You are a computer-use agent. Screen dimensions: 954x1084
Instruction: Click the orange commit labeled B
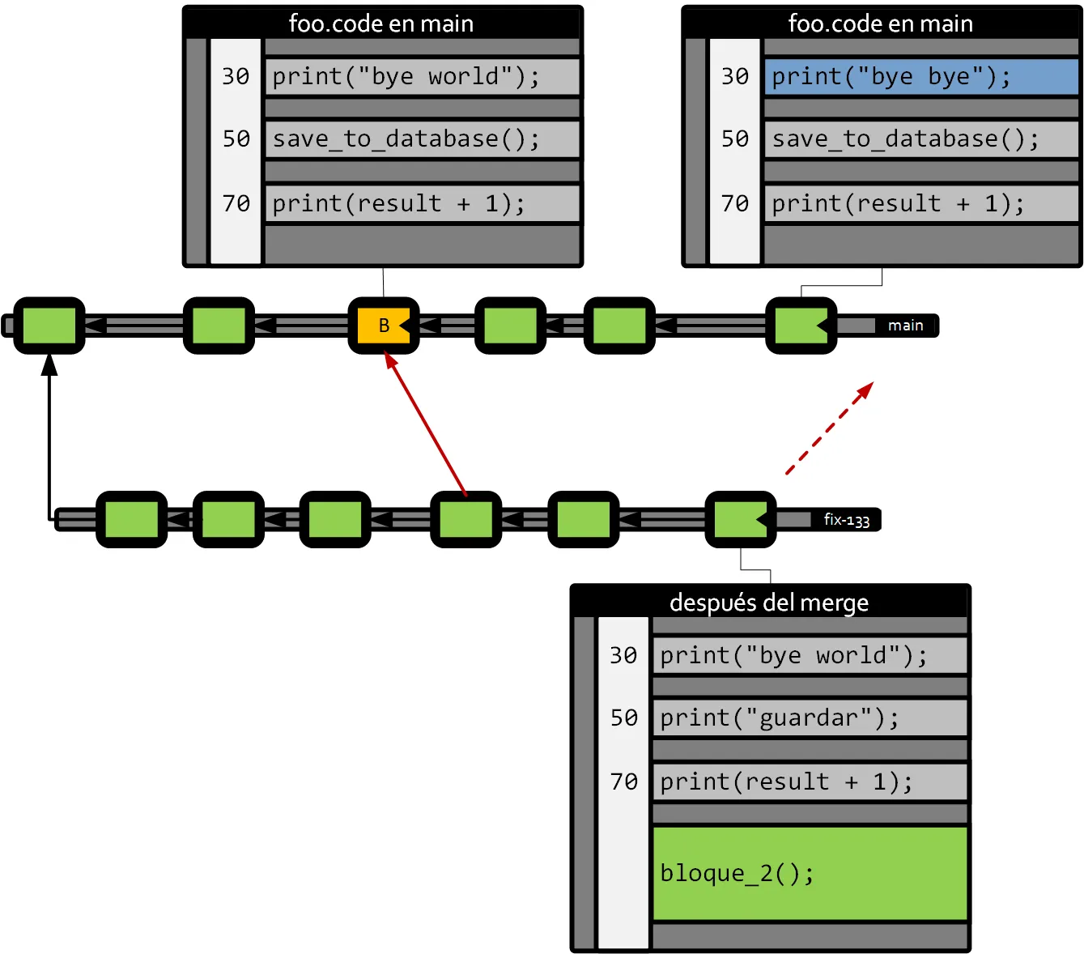pyautogui.click(x=383, y=326)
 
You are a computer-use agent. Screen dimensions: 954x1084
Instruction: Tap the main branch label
pyautogui.click(x=905, y=326)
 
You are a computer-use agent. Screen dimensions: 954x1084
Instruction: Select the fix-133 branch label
pyautogui.click(x=846, y=520)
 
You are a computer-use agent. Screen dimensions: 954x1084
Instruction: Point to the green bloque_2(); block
pyautogui.click(x=810, y=873)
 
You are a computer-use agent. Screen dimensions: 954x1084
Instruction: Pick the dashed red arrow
pyautogui.click(x=830, y=428)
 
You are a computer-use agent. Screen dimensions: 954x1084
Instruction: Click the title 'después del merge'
pyautogui.click(x=769, y=603)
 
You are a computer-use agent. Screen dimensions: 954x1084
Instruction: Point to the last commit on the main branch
pyautogui.click(x=801, y=326)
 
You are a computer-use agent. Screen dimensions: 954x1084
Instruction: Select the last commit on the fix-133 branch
pyautogui.click(x=740, y=520)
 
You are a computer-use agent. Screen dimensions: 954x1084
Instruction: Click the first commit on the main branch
pyautogui.click(x=49, y=326)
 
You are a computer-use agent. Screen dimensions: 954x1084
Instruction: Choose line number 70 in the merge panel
pyautogui.click(x=623, y=782)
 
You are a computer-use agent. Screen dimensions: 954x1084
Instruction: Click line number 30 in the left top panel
pyautogui.click(x=236, y=76)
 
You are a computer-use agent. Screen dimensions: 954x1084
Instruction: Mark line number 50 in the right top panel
pyautogui.click(x=735, y=138)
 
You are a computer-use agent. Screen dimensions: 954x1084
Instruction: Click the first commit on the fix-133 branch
pyautogui.click(x=131, y=520)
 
